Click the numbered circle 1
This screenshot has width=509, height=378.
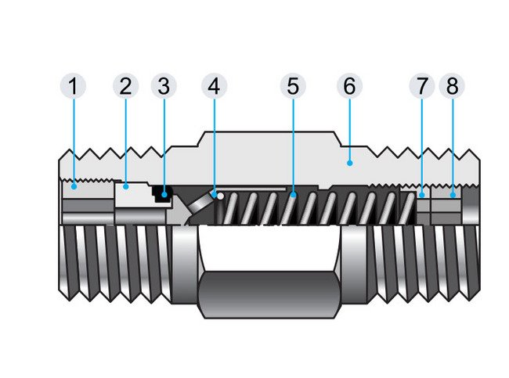pyautogui.click(x=74, y=86)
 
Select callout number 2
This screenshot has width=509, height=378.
pyautogui.click(x=125, y=86)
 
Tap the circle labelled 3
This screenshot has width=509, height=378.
pyautogui.click(x=162, y=86)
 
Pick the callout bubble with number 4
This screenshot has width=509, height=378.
pyautogui.click(x=214, y=86)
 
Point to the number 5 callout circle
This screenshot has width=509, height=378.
pyautogui.click(x=292, y=86)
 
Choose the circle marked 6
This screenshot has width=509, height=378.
pyautogui.click(x=349, y=86)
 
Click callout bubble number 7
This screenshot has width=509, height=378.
pyautogui.click(x=423, y=86)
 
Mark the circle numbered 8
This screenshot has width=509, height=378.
pyautogui.click(x=452, y=86)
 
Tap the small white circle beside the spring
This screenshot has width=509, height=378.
pyautogui.click(x=221, y=196)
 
